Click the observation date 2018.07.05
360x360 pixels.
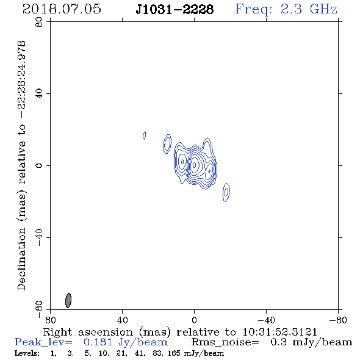coord(62,9)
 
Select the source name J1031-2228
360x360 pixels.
coord(175,10)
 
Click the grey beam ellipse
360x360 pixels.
coord(68,300)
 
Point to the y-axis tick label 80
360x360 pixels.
coord(39,22)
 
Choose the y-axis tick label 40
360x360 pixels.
coord(39,94)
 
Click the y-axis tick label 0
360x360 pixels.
coord(39,165)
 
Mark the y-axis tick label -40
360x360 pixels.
coord(39,237)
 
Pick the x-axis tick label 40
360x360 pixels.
coord(122,320)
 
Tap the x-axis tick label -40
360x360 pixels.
coord(266,320)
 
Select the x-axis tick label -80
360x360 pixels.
coord(338,320)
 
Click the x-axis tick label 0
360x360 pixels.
coord(194,320)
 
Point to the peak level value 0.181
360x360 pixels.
coord(98,342)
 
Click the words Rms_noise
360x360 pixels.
coord(225,342)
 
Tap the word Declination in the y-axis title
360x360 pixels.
coord(21,259)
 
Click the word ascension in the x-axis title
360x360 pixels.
coord(106,332)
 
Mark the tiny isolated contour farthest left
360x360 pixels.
coord(144,135)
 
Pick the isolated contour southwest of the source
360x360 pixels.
coord(226,192)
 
